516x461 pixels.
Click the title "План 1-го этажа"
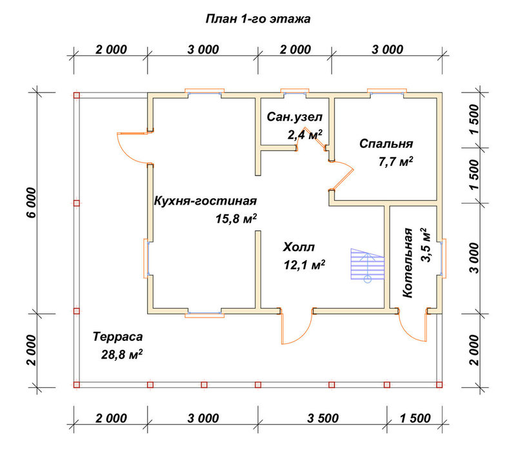[257, 19]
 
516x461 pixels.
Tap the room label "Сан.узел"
[295, 117]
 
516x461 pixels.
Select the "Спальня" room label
[386, 144]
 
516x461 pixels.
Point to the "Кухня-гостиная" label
[205, 201]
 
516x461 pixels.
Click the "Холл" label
[299, 247]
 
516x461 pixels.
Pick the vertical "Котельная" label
[408, 263]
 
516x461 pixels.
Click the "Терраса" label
[118, 336]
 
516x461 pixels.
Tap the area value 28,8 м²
[122, 354]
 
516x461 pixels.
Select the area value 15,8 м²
[236, 218]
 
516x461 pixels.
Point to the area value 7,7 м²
[396, 162]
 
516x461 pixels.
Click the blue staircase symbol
[367, 264]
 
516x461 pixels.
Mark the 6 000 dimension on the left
[31, 203]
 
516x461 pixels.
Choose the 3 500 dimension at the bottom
[323, 418]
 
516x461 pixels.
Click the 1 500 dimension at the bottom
[415, 418]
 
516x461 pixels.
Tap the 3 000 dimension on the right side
[474, 258]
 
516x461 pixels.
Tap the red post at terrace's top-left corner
[77, 96]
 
